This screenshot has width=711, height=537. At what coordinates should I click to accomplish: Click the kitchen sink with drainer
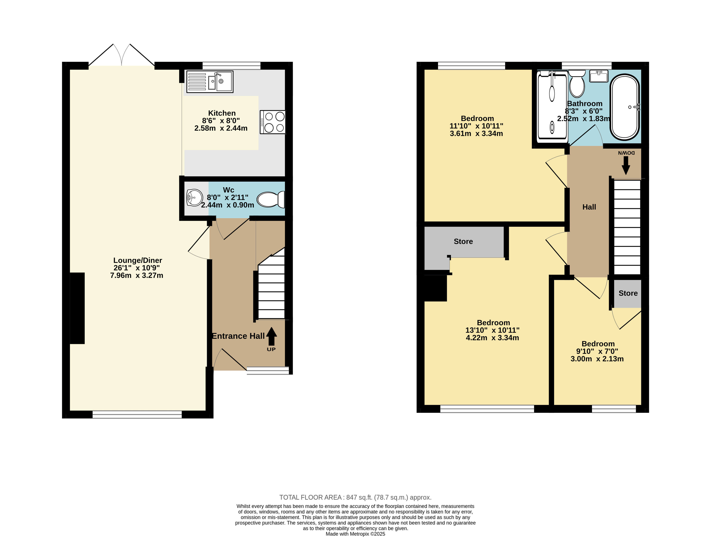[x=210, y=82]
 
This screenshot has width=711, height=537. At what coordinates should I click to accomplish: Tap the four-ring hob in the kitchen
[x=272, y=122]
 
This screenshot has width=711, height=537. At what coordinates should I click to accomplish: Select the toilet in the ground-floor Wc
[x=271, y=199]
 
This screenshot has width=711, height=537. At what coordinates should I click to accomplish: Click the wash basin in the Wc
[x=194, y=197]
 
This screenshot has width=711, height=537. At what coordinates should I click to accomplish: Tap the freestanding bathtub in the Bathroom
[x=625, y=107]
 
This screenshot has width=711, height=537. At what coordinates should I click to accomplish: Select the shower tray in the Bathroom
[x=552, y=106]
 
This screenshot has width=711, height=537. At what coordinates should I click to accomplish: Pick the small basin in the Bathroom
[x=598, y=76]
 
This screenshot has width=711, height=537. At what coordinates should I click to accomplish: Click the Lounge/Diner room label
[x=138, y=260]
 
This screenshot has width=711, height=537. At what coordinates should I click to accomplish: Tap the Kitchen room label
[x=222, y=113]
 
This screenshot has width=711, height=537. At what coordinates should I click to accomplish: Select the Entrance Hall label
[x=238, y=336]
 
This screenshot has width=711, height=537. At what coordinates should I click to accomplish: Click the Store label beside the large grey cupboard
[x=463, y=241]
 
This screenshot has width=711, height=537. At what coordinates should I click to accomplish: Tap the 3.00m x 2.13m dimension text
[x=597, y=359]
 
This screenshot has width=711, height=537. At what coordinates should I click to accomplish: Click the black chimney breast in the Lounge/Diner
[x=77, y=308]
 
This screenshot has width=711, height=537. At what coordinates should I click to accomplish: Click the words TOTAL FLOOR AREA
[x=310, y=498]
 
